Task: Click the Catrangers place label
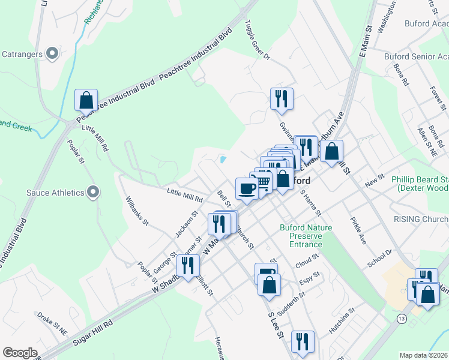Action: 21,54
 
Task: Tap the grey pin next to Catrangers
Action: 52,53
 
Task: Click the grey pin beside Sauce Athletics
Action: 92,192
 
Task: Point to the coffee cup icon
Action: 247,188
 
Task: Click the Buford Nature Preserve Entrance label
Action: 301,236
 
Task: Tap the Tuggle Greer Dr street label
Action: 258,41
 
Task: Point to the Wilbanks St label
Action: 136,211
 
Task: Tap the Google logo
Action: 19,353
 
